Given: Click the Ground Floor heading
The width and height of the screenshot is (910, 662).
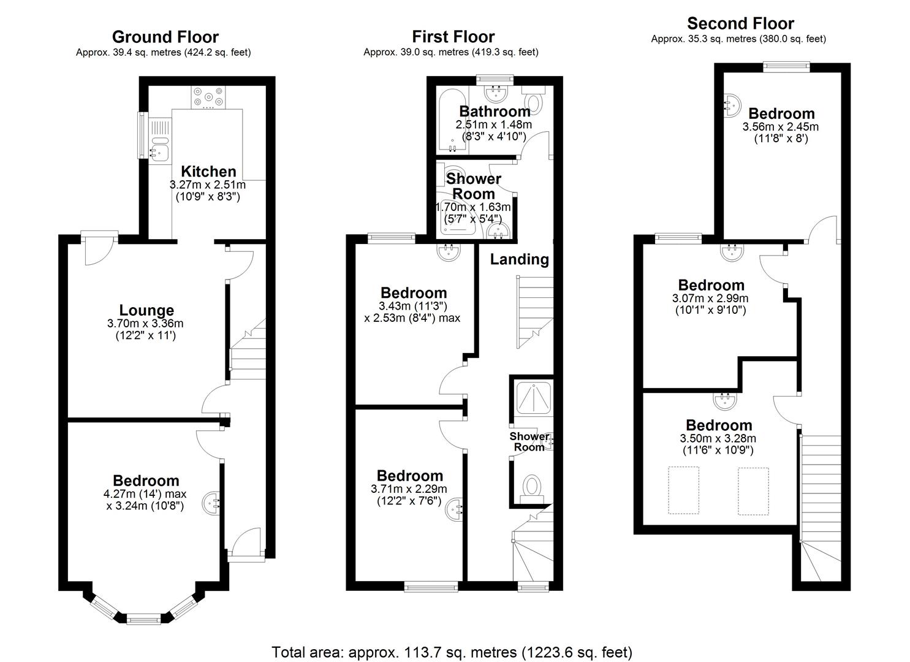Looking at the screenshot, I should pos(165,37).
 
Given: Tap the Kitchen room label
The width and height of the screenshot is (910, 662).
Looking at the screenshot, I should pos(208,172).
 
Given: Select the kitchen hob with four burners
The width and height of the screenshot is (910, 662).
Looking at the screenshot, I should pos(208,97).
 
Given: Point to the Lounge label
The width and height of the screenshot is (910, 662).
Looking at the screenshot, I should pos(146,311).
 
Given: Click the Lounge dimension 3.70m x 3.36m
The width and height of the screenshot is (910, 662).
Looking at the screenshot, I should pos(146,324).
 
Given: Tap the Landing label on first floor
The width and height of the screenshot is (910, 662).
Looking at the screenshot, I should pos(519,259).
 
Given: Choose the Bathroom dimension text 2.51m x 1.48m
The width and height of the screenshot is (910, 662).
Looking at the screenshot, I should pos(493,124).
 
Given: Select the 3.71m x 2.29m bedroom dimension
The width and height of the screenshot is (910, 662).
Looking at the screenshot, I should pos(409,489).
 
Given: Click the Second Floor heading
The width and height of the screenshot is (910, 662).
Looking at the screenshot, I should pos(740,24).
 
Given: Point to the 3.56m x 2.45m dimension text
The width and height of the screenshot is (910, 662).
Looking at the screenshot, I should pos(780,127).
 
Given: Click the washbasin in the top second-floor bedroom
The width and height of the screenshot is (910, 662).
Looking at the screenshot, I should pos(731,105).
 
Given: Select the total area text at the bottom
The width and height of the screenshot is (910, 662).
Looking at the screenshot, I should pos(452,652).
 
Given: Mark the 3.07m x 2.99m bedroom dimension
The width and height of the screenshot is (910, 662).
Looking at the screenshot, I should pos(710,299).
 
